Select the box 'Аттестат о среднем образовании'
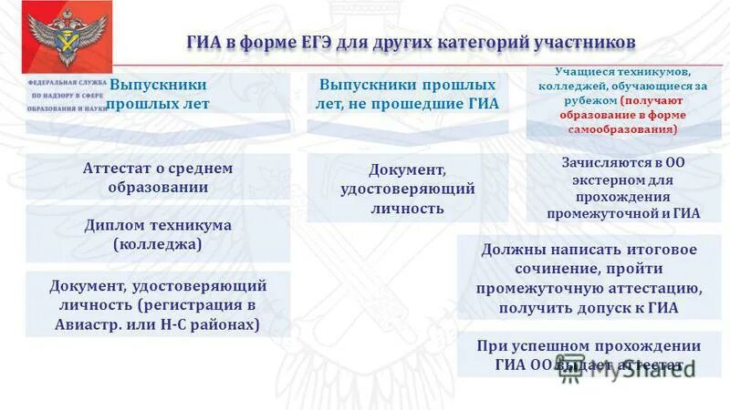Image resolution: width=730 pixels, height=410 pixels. click(158, 177)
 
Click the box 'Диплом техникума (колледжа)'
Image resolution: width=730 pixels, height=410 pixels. click(158, 234)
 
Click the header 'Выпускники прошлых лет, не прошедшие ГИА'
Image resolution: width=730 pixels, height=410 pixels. click(407, 94)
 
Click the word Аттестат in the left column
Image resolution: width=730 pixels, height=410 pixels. click(115, 168)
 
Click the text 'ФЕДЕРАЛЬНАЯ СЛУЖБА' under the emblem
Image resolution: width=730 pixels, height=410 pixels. click(67, 83)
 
